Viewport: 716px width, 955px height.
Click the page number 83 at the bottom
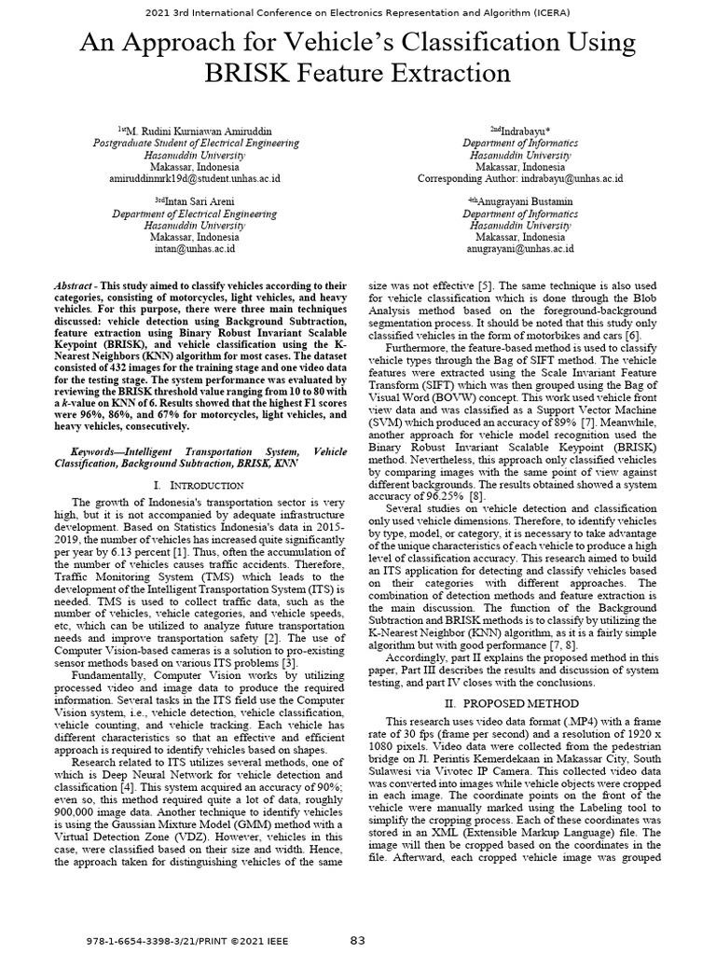pos(358,941)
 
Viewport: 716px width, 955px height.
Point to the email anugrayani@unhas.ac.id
pos(520,249)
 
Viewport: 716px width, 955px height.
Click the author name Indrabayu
pos(524,131)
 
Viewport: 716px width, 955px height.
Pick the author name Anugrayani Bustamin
pos(524,201)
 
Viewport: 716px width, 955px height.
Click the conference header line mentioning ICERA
pos(358,12)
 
